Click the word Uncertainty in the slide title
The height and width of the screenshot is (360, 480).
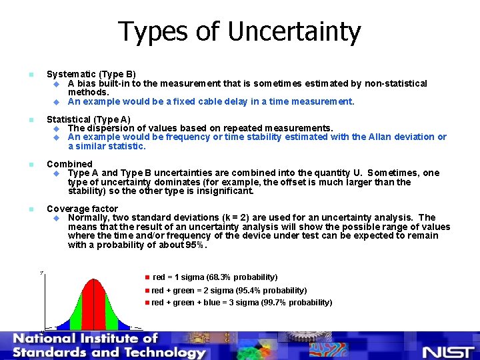pyautogui.click(x=293, y=31)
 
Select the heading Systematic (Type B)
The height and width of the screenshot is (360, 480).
pyautogui.click(x=91, y=74)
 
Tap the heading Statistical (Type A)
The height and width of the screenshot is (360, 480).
pyautogui.click(x=89, y=119)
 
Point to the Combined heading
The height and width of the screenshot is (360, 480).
pyautogui.click(x=69, y=164)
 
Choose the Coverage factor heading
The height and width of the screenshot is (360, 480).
pyautogui.click(x=82, y=209)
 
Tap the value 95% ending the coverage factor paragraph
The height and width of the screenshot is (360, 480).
pyautogui.click(x=196, y=245)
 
